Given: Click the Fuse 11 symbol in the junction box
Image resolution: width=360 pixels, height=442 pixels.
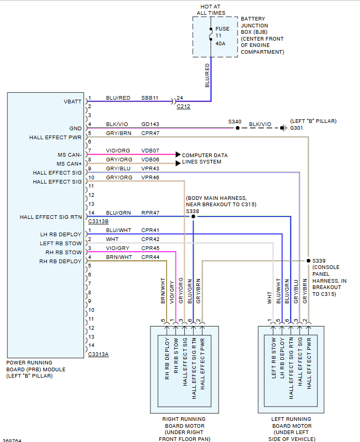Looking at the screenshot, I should pos(211,36).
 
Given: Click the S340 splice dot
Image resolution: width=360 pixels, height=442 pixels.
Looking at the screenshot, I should pos(238,128).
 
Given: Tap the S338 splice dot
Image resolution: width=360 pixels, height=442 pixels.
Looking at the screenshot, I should pos(193,216).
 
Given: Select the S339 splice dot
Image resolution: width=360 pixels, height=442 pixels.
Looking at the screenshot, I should pos(308,260).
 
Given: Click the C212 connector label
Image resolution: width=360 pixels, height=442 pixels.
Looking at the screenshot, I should pos(183,107).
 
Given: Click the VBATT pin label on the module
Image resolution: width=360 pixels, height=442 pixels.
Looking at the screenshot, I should pos(73,101).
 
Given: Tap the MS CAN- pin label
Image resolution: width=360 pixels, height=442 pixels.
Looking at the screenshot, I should pos(70,155).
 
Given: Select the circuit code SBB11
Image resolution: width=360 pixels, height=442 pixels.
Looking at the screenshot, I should pos(150,98).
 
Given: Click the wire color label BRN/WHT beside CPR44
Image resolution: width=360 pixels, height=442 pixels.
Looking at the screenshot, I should pos(119,257).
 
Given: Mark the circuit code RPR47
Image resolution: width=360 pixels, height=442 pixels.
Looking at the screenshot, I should pos(150,214).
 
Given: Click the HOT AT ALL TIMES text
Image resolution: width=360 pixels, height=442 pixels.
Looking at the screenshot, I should pos(211,9).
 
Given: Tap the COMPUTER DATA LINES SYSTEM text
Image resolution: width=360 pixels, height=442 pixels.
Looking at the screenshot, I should pos(205,158).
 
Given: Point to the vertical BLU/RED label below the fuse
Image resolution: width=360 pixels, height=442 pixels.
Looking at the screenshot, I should pos(207,75).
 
